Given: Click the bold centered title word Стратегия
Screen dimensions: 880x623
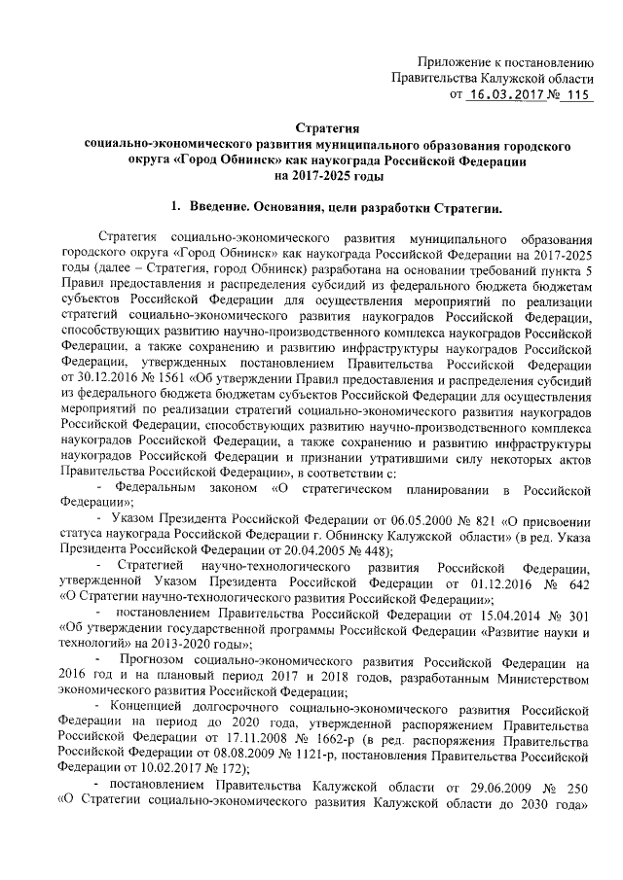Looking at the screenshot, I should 328,129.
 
